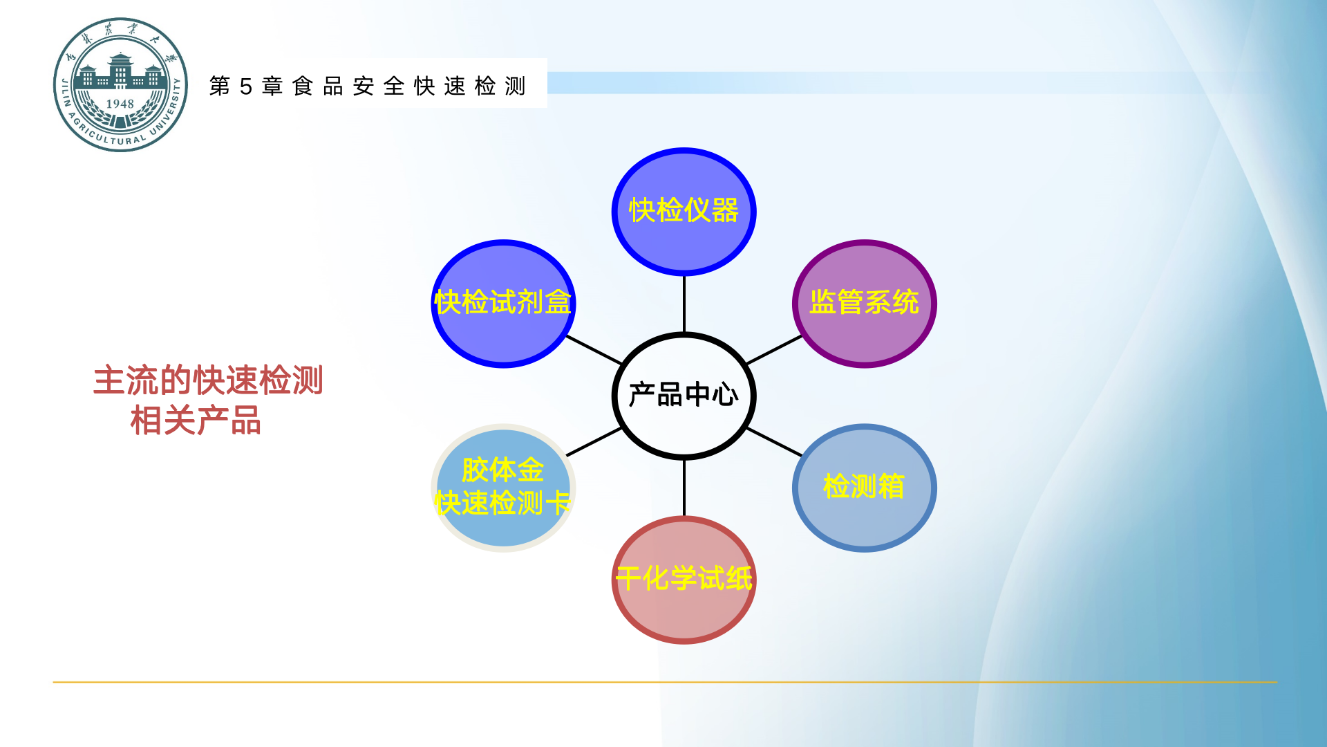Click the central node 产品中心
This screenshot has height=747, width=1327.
[x=684, y=396]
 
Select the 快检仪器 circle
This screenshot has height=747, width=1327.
[x=684, y=211]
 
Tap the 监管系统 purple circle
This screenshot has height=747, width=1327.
[x=864, y=303]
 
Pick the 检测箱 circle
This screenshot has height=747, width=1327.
[x=864, y=487]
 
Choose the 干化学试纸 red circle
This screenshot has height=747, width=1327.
[x=684, y=580]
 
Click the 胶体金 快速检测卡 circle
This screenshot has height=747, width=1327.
[x=503, y=487]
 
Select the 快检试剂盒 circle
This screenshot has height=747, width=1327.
[x=503, y=303]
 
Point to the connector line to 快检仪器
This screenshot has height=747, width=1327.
[x=684, y=304]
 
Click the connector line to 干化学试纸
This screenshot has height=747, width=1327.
[x=684, y=488]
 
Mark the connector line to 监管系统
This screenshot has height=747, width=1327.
[x=774, y=350]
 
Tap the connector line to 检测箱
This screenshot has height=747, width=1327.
[x=774, y=442]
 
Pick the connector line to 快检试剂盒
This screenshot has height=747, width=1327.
[x=594, y=350]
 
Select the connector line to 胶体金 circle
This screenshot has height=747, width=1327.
[x=594, y=442]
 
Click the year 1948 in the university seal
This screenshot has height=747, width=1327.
[x=120, y=104]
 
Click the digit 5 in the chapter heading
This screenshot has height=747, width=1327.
[x=245, y=86]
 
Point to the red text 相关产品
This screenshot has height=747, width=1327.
[x=196, y=421]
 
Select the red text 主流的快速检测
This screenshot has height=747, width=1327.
[x=208, y=380]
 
